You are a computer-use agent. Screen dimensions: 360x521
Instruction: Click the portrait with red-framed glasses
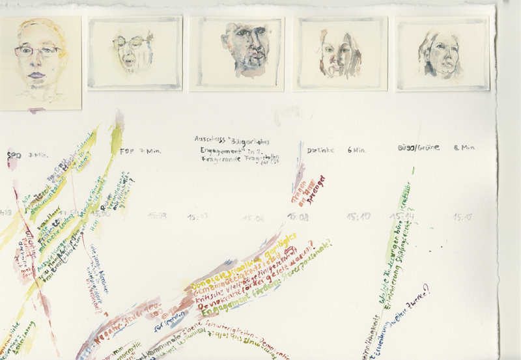[39, 62]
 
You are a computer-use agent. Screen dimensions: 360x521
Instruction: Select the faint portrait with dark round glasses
[135, 53]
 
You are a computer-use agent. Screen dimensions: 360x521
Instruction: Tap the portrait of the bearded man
[237, 53]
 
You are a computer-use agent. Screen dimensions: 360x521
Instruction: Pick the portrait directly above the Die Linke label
[341, 53]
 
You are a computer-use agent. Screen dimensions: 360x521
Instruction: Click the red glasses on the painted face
[38, 50]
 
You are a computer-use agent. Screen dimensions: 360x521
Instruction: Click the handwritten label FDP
[128, 151]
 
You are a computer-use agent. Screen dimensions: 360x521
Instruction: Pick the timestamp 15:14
[402, 215]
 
